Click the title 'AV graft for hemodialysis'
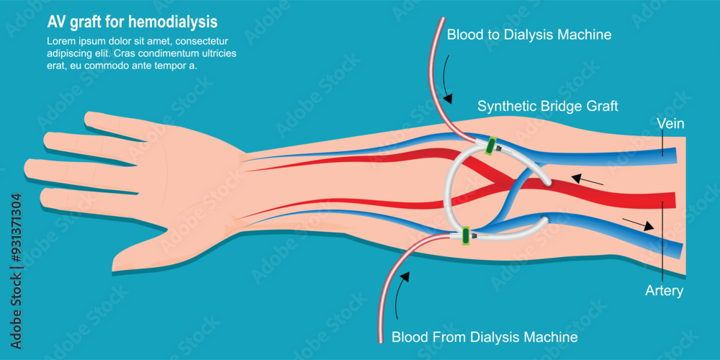132,22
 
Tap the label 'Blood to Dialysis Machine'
529,35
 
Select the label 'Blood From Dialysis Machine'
484,336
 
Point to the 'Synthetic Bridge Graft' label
548,107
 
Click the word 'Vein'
670,124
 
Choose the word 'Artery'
664,292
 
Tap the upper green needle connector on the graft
492,145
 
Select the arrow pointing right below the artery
638,223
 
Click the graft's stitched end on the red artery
549,184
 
